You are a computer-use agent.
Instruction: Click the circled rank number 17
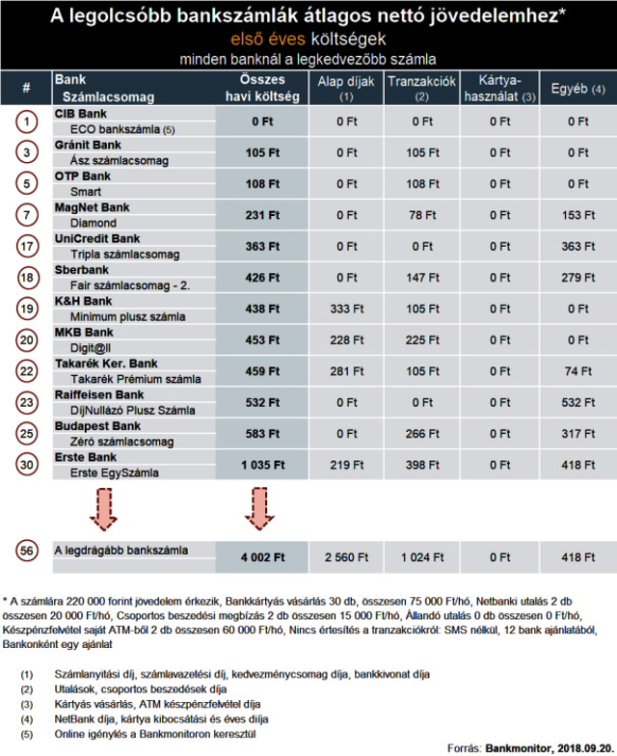click(x=27, y=247)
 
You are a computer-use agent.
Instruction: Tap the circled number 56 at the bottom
click(x=27, y=552)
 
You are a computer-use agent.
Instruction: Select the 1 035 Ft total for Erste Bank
click(x=262, y=465)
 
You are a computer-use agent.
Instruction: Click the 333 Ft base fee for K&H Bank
click(x=347, y=309)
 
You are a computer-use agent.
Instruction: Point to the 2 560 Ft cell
click(x=347, y=557)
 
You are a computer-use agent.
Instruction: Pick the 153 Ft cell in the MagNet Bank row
click(x=578, y=215)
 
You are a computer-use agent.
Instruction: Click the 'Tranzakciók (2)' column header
click(x=422, y=89)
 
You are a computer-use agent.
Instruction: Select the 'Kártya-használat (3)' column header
click(x=499, y=89)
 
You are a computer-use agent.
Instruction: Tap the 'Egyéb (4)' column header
click(x=578, y=89)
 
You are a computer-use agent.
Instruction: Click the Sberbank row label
click(x=81, y=270)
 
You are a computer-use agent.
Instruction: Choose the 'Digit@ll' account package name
click(x=91, y=347)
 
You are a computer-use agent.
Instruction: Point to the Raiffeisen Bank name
click(x=98, y=395)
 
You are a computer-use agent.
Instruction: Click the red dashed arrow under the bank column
click(x=103, y=509)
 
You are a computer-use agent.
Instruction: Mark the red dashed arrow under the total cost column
click(x=259, y=509)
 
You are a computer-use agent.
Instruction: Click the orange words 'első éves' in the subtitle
click(x=268, y=39)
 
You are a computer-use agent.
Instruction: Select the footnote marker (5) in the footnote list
click(x=27, y=735)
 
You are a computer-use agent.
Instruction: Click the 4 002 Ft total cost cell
click(x=262, y=557)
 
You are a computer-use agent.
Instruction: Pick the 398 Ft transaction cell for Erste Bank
click(x=422, y=465)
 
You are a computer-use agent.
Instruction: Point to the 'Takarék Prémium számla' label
click(x=135, y=380)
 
